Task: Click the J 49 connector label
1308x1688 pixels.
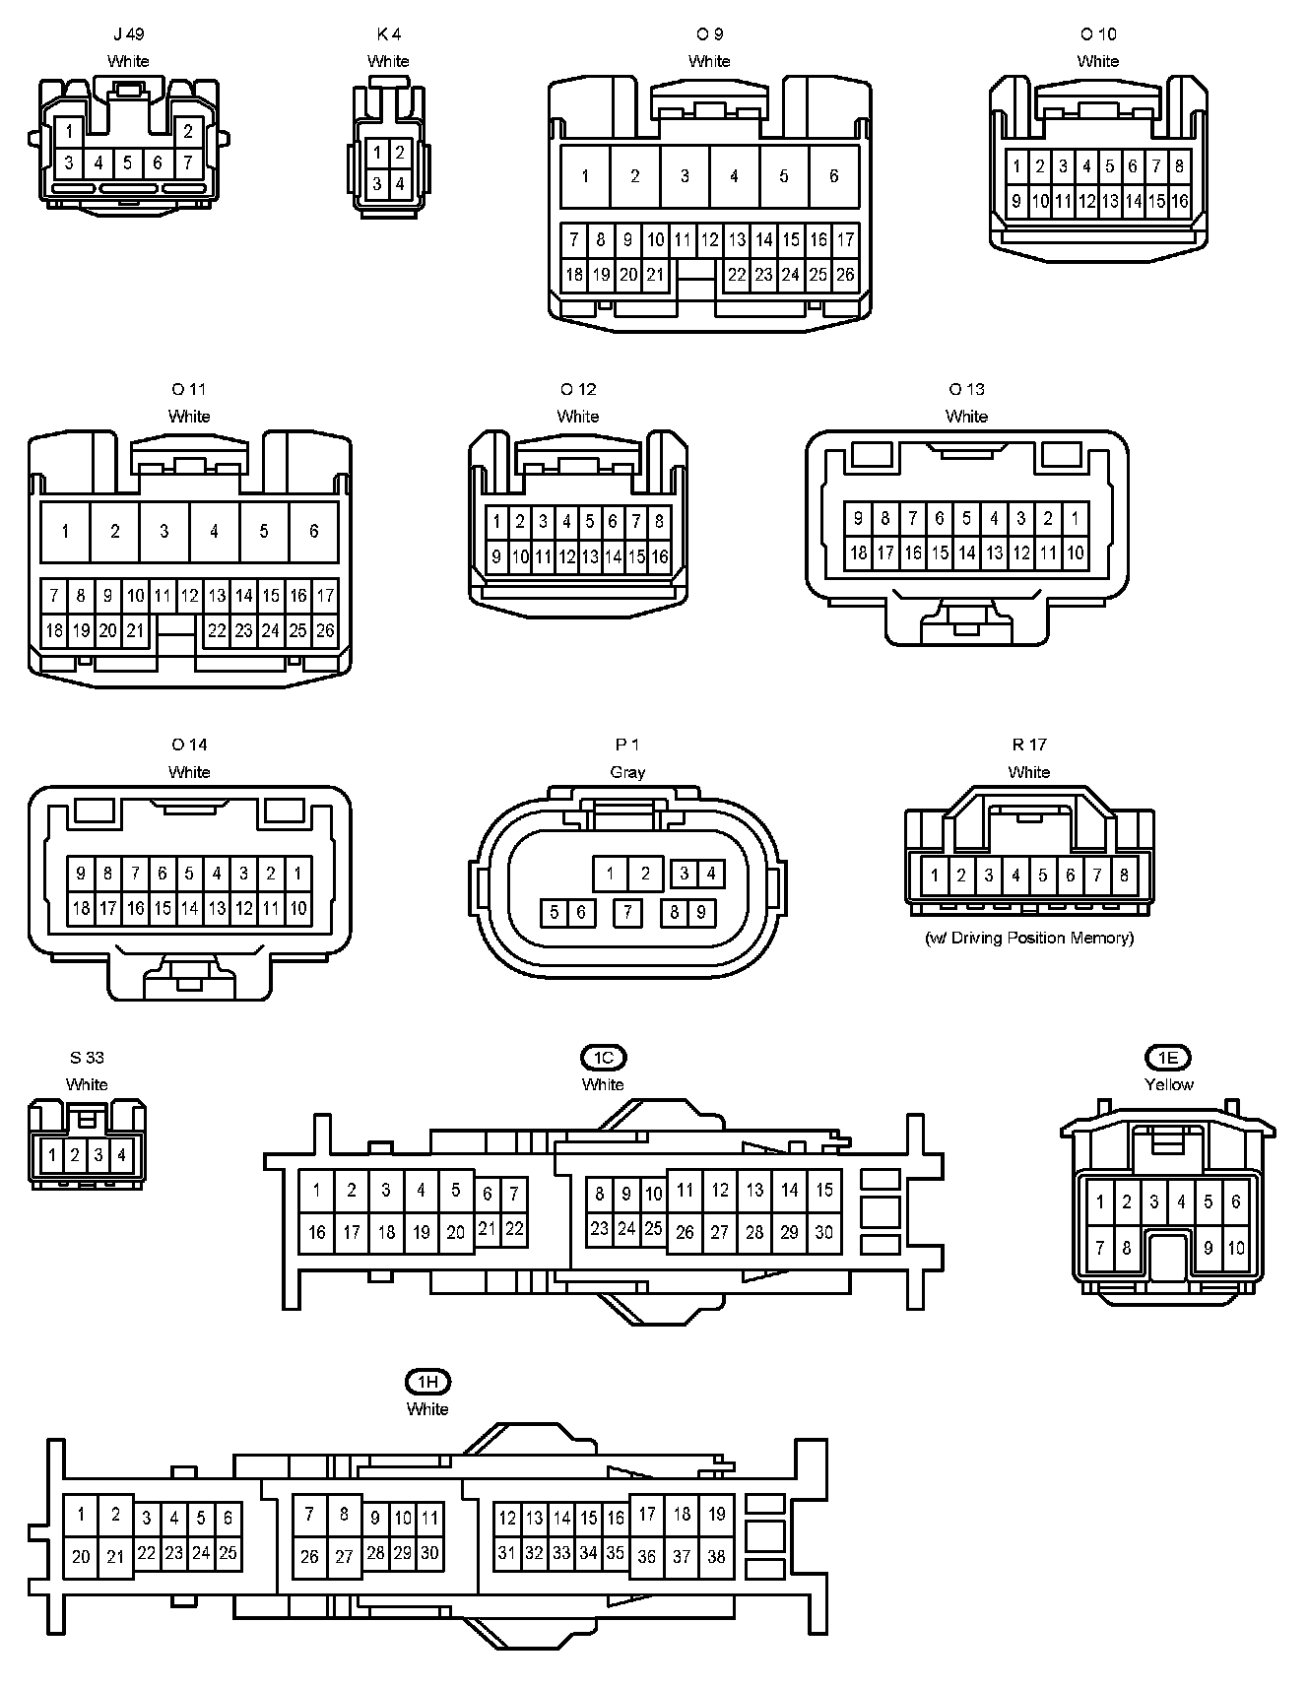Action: point(128,34)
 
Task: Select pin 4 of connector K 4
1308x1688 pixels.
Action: point(400,183)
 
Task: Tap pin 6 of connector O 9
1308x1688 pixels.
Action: point(833,176)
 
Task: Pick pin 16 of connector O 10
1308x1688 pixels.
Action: point(1180,202)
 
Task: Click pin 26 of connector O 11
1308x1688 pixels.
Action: point(325,630)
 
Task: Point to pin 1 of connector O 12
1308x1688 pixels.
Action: point(496,522)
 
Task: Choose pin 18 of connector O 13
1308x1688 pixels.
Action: point(859,552)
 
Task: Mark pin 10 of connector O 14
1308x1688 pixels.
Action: point(297,908)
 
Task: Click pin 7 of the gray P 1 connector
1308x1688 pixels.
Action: point(627,913)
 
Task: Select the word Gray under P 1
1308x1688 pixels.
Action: point(627,772)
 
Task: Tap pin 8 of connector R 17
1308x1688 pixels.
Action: point(1124,874)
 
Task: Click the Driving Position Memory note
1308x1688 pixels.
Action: point(1029,938)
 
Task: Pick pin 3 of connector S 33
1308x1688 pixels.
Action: point(98,1154)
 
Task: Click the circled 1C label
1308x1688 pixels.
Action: point(603,1058)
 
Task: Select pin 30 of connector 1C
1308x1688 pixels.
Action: point(824,1232)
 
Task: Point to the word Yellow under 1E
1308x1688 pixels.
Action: point(1168,1084)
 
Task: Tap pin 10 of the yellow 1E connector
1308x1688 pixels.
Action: point(1236,1248)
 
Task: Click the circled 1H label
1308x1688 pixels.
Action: point(427,1382)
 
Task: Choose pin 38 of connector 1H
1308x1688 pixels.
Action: point(717,1556)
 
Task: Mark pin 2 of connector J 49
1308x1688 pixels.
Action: point(188,131)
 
